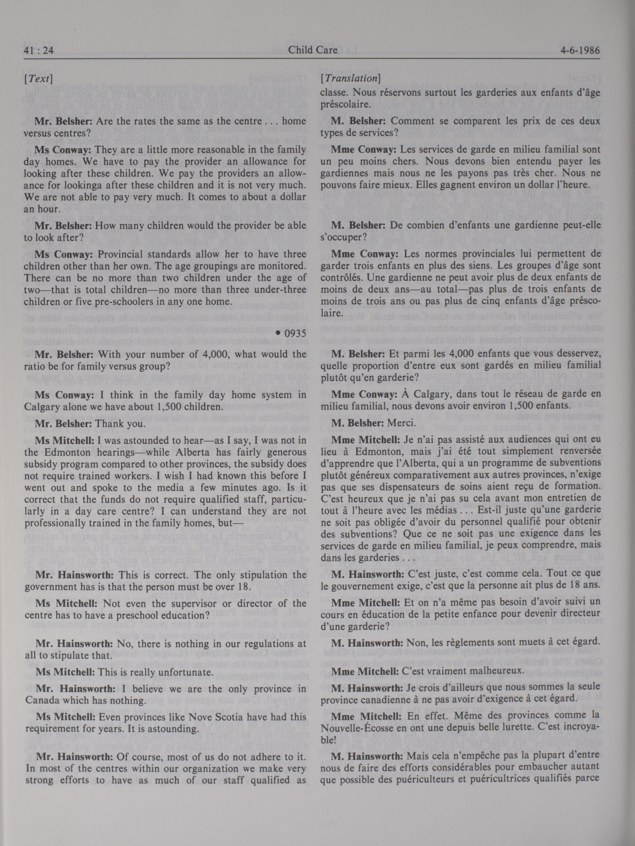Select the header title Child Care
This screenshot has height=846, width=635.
tap(313, 50)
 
